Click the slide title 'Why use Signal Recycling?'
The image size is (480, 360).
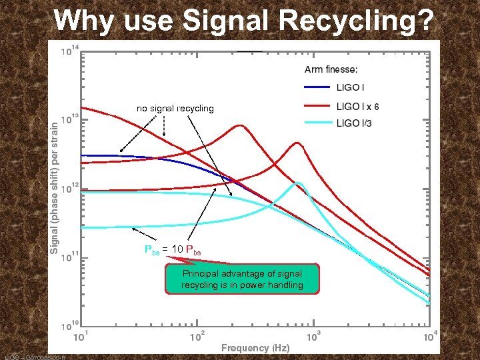click(244, 20)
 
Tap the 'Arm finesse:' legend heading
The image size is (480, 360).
click(331, 69)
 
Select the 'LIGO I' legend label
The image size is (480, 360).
click(350, 87)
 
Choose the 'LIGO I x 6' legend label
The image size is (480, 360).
click(358, 106)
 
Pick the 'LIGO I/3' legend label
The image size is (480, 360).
click(354, 124)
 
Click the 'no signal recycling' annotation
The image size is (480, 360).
click(175, 108)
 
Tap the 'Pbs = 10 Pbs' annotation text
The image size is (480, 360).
click(173, 250)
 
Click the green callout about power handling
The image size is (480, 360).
click(242, 279)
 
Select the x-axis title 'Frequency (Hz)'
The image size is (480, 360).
click(255, 348)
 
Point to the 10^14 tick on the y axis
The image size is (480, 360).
click(68, 49)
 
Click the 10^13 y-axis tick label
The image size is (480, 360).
click(68, 119)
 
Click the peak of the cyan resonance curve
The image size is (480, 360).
click(299, 183)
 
